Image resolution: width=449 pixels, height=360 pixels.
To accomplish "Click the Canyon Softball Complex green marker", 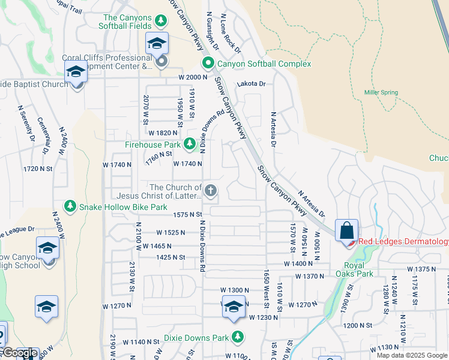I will (x=208, y=63).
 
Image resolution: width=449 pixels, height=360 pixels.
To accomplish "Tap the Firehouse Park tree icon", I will (x=190, y=144).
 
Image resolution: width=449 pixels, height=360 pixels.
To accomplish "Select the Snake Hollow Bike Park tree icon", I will (x=71, y=206).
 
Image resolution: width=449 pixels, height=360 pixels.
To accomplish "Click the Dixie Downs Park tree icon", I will (x=238, y=336).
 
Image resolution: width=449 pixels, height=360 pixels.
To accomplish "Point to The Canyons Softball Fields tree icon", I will (x=161, y=22).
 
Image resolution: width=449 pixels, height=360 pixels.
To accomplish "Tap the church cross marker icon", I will (x=210, y=191).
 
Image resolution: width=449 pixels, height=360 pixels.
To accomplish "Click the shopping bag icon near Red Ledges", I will (x=347, y=230).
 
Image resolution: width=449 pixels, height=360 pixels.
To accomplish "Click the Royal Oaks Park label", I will (x=358, y=269).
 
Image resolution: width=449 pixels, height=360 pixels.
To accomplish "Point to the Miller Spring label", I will (x=381, y=92).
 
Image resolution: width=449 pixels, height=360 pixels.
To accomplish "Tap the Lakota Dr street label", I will (x=251, y=84).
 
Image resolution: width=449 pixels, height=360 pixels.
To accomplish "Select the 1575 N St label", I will (x=186, y=214).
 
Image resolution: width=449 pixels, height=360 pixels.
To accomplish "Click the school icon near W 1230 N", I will (x=233, y=307).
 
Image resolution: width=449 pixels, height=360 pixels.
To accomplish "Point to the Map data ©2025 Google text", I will (x=412, y=355).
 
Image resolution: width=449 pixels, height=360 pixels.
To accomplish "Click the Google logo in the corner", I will (x=19, y=353).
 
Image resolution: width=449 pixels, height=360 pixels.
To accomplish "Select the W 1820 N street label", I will (x=162, y=133).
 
